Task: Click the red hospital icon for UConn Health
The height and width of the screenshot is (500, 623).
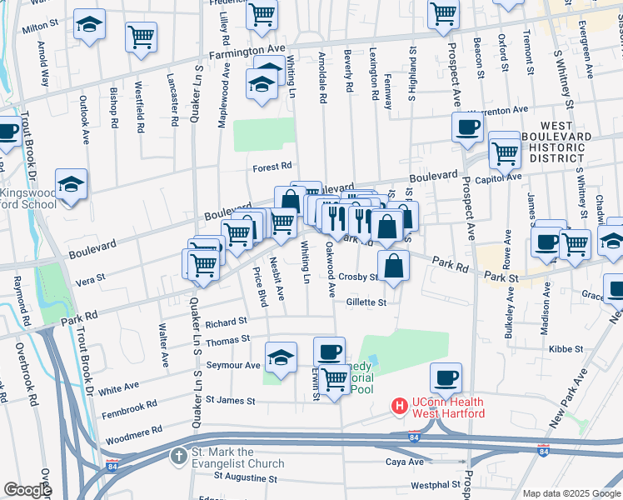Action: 400,406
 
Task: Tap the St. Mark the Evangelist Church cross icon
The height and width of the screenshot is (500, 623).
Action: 178,456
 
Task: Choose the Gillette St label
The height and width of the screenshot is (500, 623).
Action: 366,302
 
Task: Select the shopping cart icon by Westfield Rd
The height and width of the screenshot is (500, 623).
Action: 141,37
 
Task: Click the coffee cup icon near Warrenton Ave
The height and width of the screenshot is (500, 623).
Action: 467,127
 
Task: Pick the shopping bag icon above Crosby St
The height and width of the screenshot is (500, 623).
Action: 394,266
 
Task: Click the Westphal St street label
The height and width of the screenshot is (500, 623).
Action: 432,484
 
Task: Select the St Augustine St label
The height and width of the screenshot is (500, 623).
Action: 245,478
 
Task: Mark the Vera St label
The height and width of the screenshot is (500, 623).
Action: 91,277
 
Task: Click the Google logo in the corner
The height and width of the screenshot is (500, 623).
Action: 27,490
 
